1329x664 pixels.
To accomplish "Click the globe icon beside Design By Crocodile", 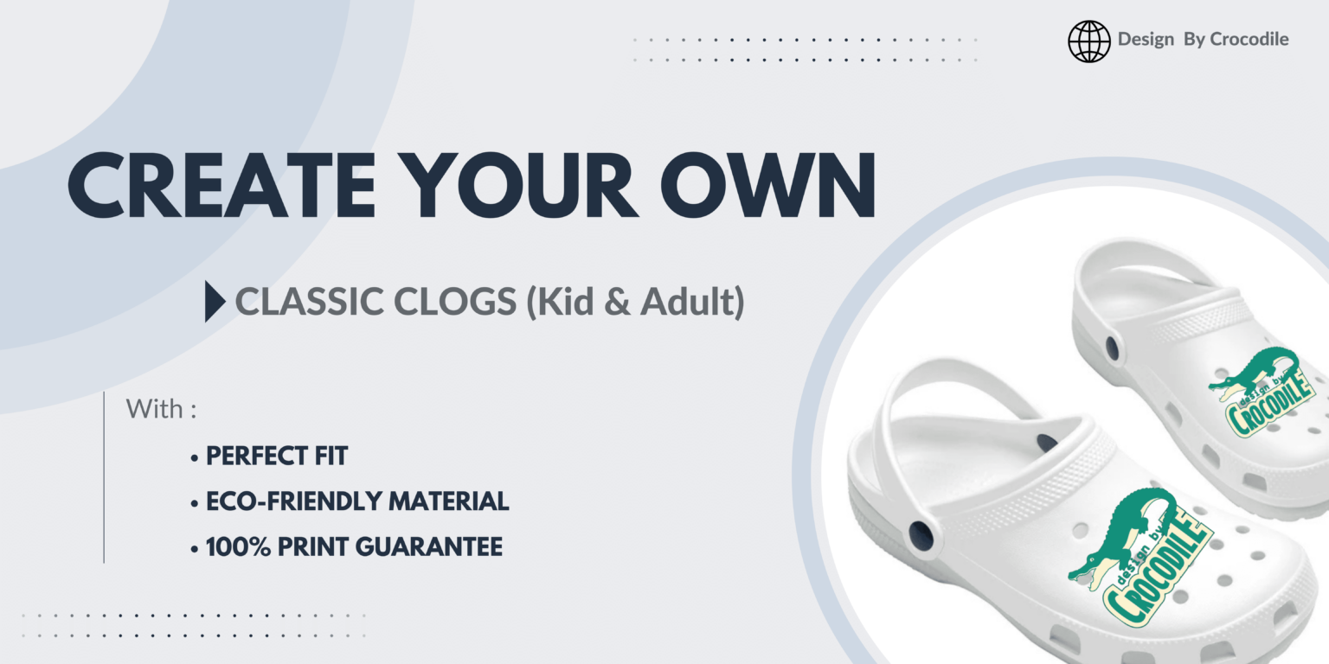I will [1088, 41].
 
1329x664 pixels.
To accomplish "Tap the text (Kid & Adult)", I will [636, 302].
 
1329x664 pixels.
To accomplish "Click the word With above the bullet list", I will [154, 409].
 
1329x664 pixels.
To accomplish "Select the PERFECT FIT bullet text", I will [276, 456].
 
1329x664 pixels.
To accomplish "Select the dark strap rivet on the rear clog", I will [1112, 348].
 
